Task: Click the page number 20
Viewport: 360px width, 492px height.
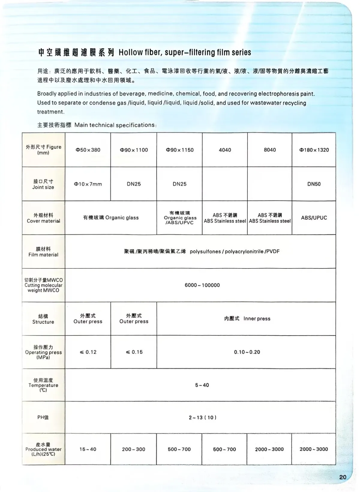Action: click(343, 477)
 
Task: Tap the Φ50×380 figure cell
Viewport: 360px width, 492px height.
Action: click(88, 150)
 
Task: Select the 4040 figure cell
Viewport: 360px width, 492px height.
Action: click(225, 150)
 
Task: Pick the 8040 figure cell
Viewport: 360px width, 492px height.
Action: click(270, 150)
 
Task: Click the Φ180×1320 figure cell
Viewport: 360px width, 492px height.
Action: click(314, 150)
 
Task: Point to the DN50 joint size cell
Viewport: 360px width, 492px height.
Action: click(314, 184)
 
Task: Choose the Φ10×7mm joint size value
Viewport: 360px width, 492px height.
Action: click(88, 184)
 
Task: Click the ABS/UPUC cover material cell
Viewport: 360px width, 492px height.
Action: click(314, 218)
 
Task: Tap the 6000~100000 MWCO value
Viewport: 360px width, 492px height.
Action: click(202, 285)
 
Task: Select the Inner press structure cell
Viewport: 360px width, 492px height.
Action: click(247, 318)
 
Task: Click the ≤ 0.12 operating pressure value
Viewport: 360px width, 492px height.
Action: click(88, 352)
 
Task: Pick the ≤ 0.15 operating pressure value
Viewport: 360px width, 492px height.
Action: click(134, 352)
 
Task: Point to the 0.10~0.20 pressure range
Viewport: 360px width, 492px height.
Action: click(247, 352)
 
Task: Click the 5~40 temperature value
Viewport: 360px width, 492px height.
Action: click(202, 385)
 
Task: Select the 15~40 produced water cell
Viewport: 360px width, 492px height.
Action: click(88, 449)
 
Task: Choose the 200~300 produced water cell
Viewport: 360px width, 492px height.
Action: click(133, 449)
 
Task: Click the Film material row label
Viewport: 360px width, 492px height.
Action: click(43, 252)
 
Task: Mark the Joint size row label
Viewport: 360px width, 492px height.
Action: click(43, 184)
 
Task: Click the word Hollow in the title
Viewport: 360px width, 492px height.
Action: click(130, 53)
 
